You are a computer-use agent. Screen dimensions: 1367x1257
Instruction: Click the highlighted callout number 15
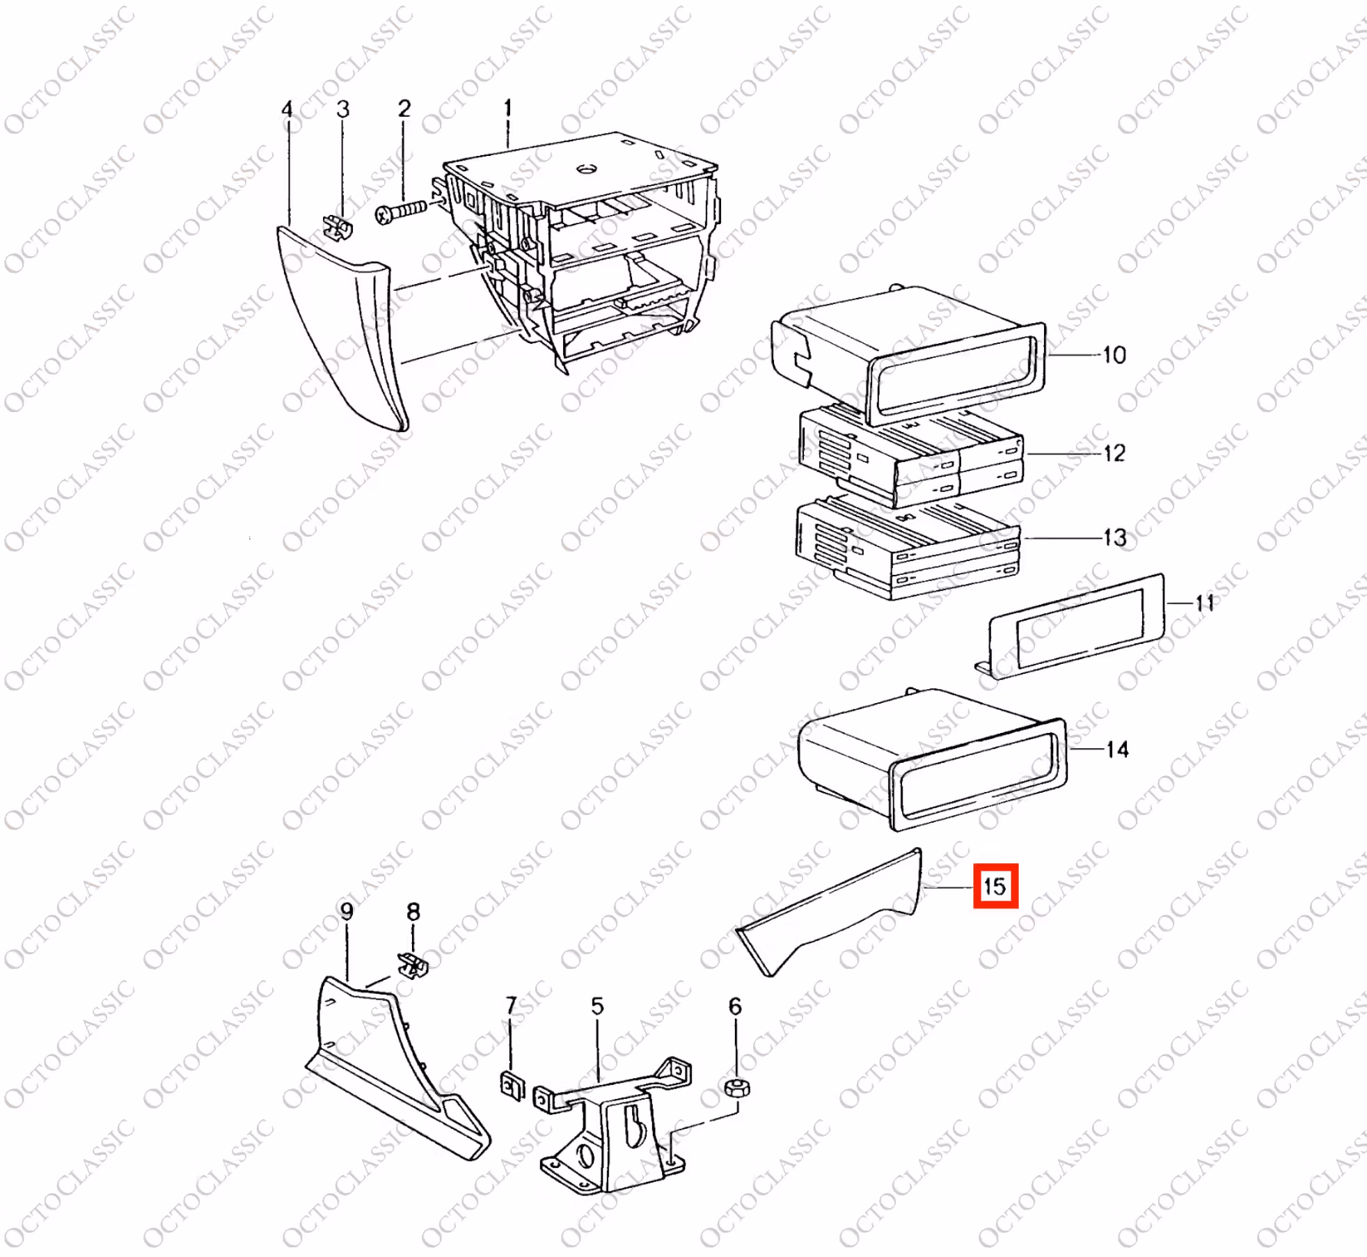(x=995, y=886)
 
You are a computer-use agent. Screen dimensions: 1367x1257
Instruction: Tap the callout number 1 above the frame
(x=508, y=108)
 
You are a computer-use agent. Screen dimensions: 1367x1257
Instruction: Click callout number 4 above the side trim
(x=287, y=110)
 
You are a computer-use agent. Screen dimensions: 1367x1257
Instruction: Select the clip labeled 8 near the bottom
(x=413, y=965)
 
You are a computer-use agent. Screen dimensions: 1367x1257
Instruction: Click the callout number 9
(x=346, y=911)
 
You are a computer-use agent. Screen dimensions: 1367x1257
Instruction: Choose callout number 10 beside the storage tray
(x=1114, y=355)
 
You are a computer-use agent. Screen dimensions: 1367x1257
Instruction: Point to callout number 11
(x=1205, y=603)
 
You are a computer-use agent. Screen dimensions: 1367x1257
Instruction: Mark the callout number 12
(x=1114, y=453)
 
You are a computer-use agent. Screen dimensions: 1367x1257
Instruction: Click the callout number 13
(x=1114, y=537)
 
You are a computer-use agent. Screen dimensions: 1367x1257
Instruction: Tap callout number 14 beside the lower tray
(x=1117, y=750)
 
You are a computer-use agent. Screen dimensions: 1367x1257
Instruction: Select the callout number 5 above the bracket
(x=597, y=1006)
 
